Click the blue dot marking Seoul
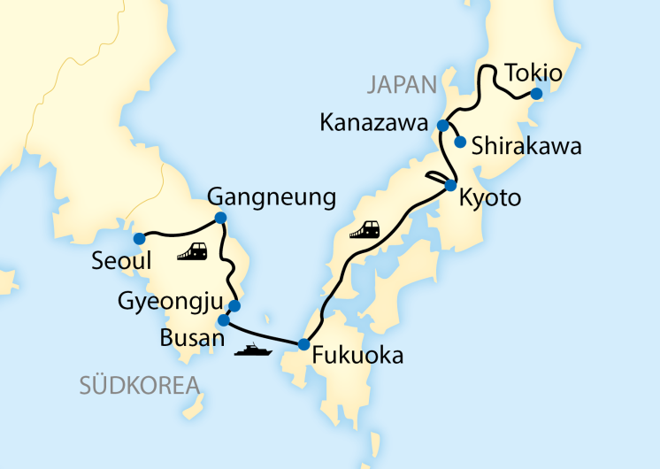coord(139,238)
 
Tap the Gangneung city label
coord(271,197)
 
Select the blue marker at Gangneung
coord(220,218)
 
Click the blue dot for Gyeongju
coord(234,306)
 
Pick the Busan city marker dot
coord(223,319)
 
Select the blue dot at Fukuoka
coord(303,344)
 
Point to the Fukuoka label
coord(357,357)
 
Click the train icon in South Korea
coord(192,252)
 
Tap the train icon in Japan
coord(365,230)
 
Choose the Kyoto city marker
coord(450,186)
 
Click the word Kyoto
coord(490,198)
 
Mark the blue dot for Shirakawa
coord(460,142)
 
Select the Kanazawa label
coord(373,125)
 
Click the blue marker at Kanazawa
coord(443,125)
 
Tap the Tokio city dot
coord(535,92)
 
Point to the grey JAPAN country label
coord(403,85)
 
